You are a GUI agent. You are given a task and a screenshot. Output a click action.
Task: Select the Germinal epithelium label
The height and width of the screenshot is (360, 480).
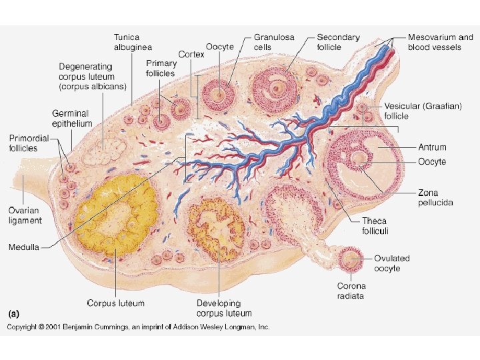[72, 118]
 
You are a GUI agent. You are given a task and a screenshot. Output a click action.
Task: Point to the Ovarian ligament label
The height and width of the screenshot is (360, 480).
[25, 215]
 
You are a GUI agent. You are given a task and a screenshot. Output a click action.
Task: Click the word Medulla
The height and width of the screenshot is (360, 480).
[24, 247]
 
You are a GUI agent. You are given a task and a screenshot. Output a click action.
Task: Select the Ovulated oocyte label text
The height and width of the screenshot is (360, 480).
[391, 263]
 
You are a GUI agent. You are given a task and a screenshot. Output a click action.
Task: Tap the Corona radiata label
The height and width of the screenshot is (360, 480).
[350, 291]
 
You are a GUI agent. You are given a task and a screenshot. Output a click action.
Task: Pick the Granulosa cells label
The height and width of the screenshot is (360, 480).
[271, 42]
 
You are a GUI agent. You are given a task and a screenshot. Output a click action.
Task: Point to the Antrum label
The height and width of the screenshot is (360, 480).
[432, 147]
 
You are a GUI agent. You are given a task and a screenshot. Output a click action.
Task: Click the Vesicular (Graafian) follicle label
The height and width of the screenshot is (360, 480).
[423, 111]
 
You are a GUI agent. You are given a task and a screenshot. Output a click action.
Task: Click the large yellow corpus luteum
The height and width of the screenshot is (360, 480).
[117, 215]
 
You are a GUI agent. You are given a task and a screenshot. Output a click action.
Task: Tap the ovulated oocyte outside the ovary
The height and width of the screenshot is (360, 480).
[349, 259]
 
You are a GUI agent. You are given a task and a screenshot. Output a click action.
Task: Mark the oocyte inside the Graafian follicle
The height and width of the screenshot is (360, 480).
[359, 159]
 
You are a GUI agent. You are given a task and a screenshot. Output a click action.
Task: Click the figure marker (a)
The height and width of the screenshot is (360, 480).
[13, 313]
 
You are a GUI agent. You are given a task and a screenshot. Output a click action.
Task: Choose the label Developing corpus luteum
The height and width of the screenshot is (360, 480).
[224, 308]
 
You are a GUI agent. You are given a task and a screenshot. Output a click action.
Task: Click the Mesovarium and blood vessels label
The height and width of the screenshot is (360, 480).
[440, 42]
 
